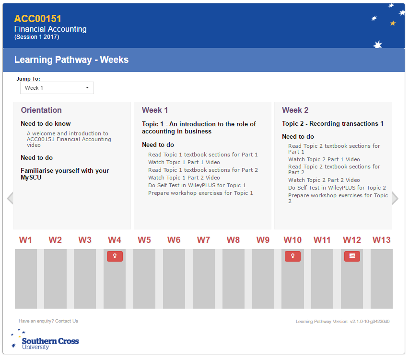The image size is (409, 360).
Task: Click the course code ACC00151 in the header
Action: point(38,19)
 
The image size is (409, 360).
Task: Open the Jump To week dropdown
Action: point(57,88)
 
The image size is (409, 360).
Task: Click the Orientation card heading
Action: point(41,110)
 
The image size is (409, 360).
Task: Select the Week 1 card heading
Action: point(155,110)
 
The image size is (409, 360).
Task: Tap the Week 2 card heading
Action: point(295,110)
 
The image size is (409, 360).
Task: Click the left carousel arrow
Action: point(10,198)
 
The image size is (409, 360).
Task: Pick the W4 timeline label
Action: point(115,240)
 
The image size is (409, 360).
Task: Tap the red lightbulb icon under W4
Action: point(115,256)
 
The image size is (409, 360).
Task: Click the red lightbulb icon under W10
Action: point(292,256)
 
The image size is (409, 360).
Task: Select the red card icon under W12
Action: point(352,256)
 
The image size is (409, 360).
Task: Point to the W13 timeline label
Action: point(382,240)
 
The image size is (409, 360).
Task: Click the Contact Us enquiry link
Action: point(67,321)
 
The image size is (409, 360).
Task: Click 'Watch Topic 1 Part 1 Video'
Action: point(184,162)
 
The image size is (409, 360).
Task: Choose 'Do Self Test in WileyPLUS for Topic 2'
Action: point(337,188)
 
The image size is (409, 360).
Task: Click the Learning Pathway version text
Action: point(342,322)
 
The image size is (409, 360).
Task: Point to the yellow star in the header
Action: point(393,23)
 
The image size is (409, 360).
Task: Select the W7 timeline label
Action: point(204,240)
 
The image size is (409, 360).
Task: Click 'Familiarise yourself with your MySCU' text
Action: point(65,174)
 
